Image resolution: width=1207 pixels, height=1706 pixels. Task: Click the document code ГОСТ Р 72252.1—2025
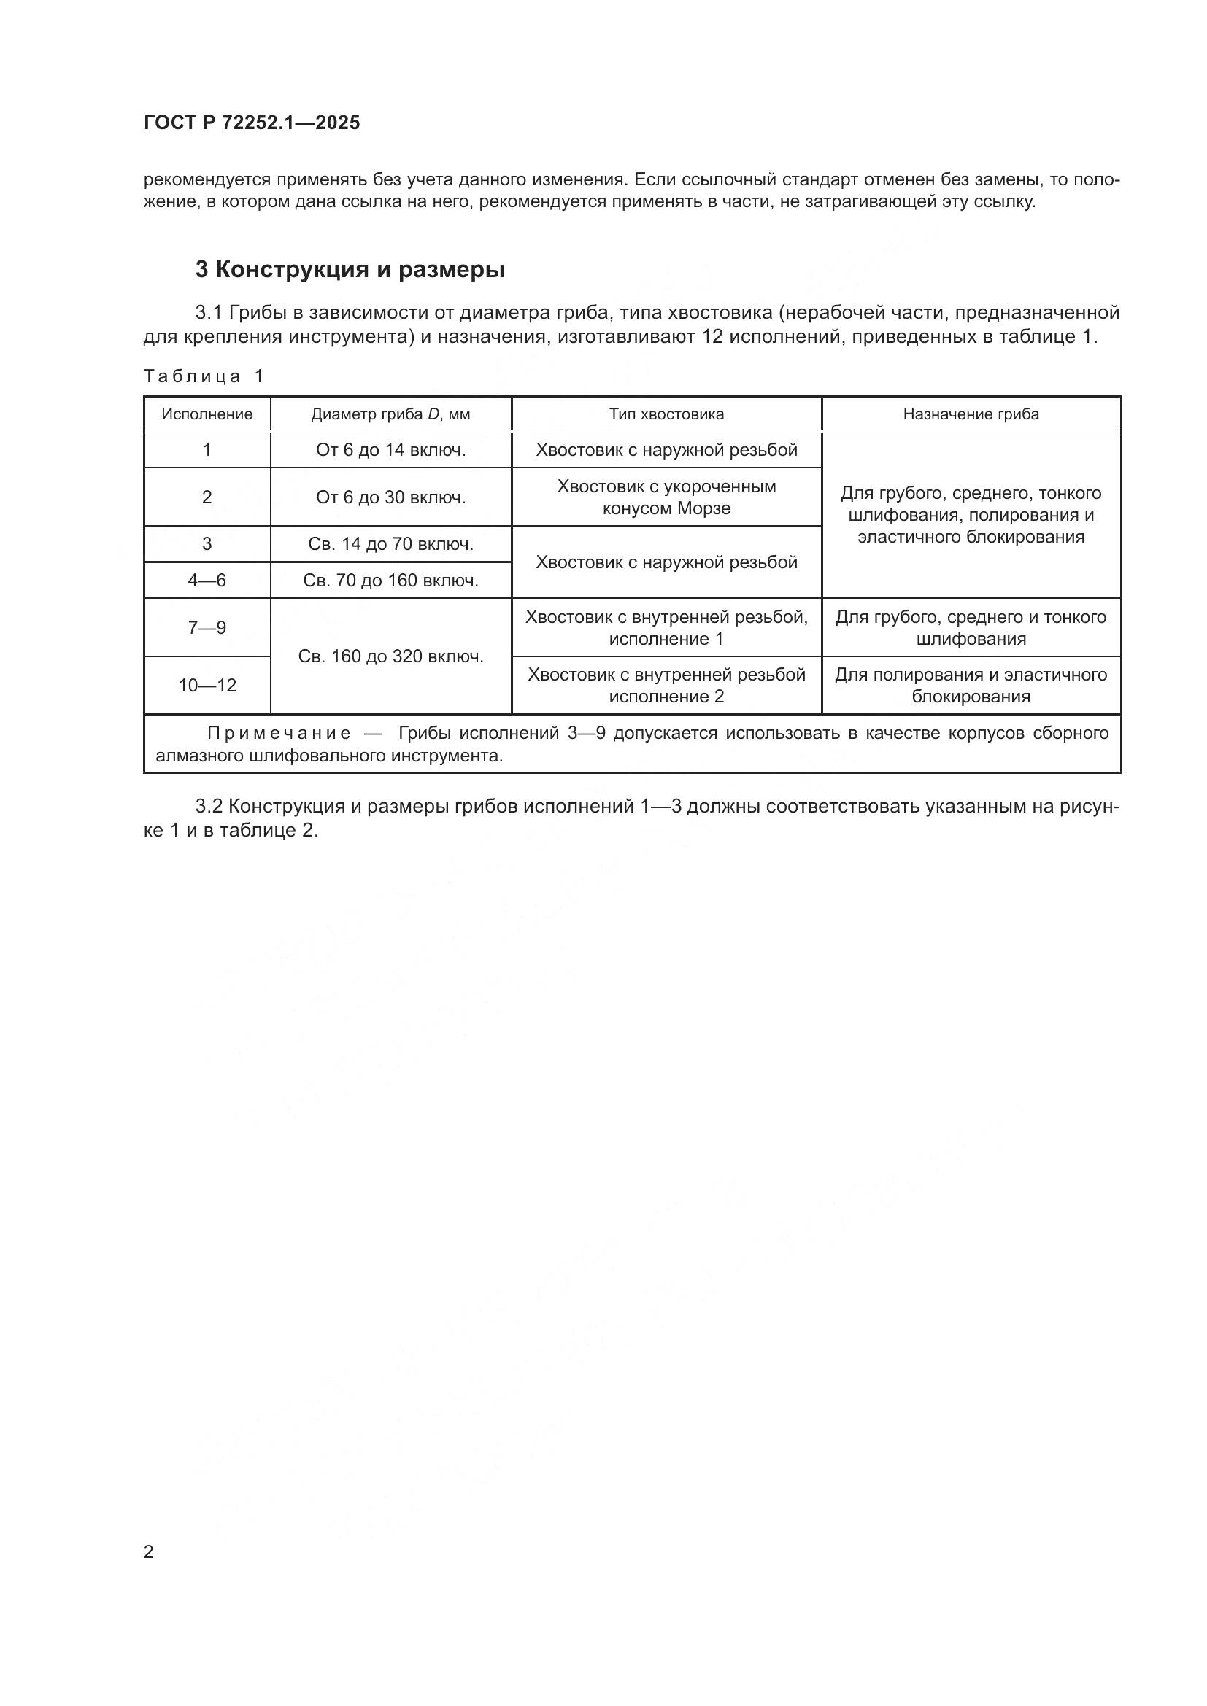click(251, 123)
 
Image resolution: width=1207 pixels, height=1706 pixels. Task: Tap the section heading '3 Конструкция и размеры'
click(350, 270)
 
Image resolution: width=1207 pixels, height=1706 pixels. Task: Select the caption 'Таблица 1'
click(204, 376)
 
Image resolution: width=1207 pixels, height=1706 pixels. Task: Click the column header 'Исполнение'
click(207, 414)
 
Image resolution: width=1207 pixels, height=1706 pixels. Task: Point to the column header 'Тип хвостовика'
click(666, 414)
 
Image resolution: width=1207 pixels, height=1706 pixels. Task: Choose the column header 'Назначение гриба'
click(971, 414)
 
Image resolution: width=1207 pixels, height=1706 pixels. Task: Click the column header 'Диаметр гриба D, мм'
click(390, 414)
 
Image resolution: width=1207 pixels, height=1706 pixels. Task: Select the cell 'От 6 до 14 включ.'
click(390, 449)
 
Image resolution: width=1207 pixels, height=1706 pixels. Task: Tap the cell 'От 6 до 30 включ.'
click(390, 497)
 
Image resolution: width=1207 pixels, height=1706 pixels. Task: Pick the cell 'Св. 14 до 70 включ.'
click(390, 544)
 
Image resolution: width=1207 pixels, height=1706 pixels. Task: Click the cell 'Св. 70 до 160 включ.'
click(390, 581)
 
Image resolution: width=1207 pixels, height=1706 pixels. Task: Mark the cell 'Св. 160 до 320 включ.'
click(390, 656)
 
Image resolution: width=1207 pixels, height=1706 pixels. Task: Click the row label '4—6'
click(207, 581)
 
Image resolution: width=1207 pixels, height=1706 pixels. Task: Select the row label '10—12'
click(207, 685)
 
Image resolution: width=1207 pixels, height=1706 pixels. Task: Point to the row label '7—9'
click(207, 628)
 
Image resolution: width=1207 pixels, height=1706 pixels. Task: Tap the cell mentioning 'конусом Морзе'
click(666, 498)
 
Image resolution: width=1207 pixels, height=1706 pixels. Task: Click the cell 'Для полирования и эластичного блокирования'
click(971, 685)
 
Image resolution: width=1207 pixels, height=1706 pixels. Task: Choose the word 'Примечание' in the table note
click(279, 733)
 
